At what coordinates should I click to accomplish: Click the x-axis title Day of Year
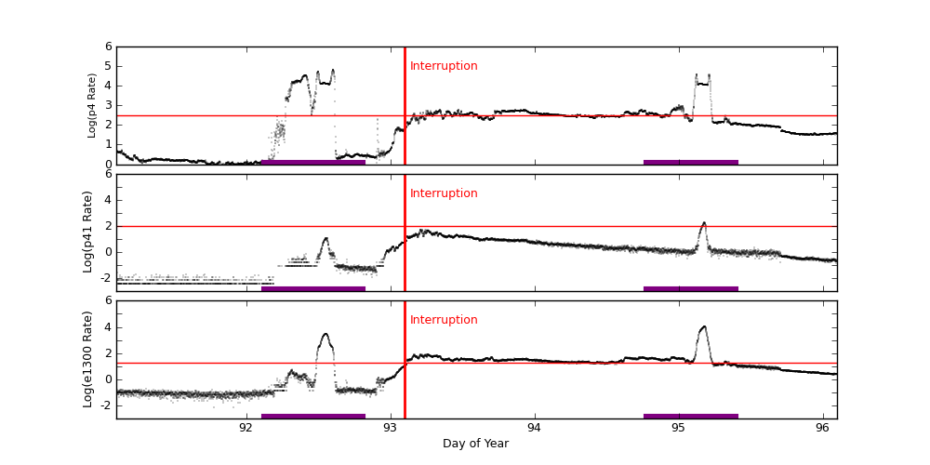point(475,444)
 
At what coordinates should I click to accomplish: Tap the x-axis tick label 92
point(246,428)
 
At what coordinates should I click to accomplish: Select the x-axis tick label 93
point(391,428)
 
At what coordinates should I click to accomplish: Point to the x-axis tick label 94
point(535,428)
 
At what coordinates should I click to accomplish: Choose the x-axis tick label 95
point(679,428)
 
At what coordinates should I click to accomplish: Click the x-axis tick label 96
point(823,428)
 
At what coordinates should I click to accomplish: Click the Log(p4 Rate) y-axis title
point(92,105)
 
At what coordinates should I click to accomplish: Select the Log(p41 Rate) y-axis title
point(88,232)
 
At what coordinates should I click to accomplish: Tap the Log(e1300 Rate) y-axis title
point(88,359)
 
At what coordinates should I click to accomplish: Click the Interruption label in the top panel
point(444,66)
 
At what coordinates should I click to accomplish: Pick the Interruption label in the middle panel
point(444,193)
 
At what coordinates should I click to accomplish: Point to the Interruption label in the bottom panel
point(444,320)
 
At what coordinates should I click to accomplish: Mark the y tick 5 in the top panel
point(108,66)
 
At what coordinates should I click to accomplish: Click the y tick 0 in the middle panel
point(108,251)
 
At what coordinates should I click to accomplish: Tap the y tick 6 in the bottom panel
point(108,300)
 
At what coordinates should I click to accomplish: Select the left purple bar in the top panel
point(313,162)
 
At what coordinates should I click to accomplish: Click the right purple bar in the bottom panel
point(690,416)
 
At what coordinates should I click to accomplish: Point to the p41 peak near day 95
point(704,223)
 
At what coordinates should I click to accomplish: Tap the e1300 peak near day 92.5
point(325,334)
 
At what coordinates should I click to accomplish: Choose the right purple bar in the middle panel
point(690,288)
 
